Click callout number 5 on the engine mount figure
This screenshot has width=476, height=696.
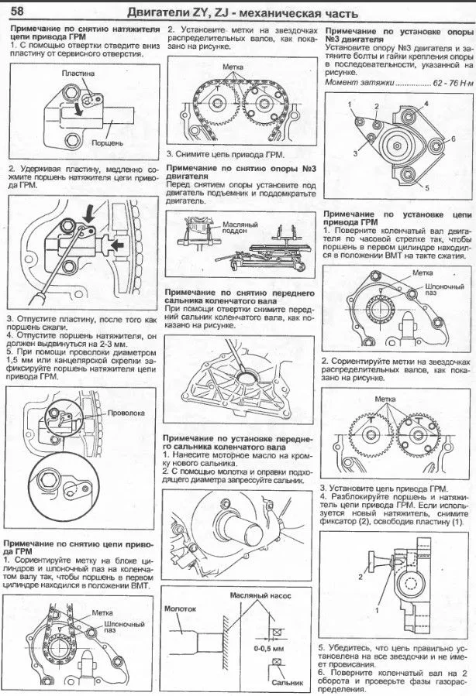point(426,187)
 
